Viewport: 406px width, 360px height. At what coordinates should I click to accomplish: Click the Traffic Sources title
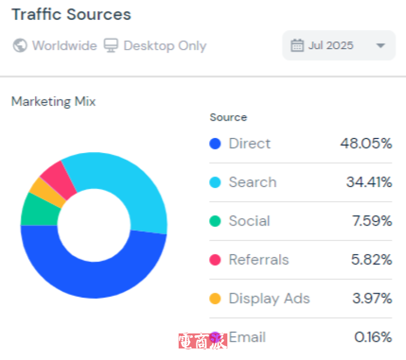(x=71, y=15)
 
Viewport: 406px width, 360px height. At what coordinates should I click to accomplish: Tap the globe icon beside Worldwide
(x=20, y=46)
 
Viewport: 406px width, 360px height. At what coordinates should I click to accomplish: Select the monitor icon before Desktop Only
(x=111, y=46)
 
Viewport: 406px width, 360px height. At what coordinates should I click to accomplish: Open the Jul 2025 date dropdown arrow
(x=381, y=46)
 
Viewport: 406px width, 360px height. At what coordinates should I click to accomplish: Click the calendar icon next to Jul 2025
(x=297, y=46)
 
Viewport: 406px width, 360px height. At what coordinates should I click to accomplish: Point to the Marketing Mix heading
(x=53, y=101)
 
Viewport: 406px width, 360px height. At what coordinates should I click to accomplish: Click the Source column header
(x=228, y=118)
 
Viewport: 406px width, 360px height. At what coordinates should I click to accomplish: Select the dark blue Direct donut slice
(x=94, y=276)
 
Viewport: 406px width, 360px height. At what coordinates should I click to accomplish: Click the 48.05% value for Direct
(x=366, y=143)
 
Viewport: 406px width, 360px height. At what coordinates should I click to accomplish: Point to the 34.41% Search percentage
(x=369, y=182)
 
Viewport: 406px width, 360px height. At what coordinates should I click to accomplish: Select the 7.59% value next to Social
(x=372, y=221)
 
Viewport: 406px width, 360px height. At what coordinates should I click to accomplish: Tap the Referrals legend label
(x=258, y=260)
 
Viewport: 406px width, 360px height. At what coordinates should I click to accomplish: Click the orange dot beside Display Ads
(x=215, y=299)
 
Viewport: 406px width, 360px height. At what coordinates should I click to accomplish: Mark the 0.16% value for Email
(x=373, y=337)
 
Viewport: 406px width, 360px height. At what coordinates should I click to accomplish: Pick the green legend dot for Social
(x=215, y=221)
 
